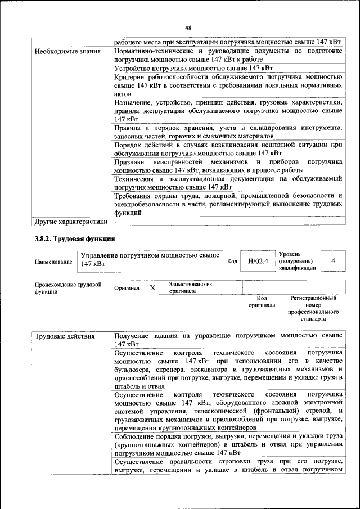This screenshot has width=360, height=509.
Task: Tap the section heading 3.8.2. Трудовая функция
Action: point(75,239)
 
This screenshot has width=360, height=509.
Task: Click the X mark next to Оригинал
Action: point(152,287)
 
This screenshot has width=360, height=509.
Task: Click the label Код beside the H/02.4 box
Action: point(232,261)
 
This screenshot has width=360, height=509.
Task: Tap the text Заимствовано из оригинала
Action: point(190,288)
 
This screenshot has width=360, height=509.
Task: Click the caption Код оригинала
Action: point(262,301)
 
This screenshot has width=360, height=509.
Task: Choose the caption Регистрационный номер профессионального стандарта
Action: point(313,308)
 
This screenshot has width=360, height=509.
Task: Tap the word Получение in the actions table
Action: point(133,336)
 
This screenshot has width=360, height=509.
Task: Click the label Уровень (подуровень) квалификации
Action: point(297,262)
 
